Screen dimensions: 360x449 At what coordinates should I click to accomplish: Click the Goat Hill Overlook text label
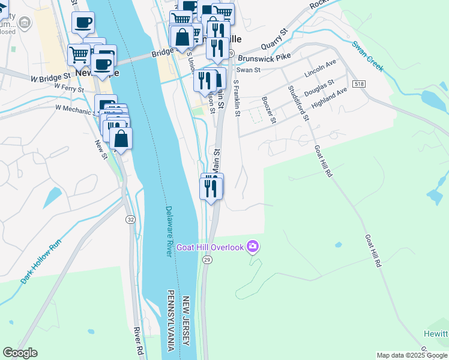tap(210, 247)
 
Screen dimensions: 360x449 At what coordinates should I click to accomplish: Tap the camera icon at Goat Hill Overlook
tap(253, 247)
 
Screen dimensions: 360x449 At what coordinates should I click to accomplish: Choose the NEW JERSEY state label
tap(187, 321)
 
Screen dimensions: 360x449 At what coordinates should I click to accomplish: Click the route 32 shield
tap(130, 220)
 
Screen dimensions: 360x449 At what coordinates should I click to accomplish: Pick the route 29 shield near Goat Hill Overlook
tap(207, 259)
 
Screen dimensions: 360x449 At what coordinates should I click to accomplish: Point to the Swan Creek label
tap(367, 56)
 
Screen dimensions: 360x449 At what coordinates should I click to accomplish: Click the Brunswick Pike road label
tap(264, 58)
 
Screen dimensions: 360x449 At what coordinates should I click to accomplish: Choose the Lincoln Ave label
tap(320, 69)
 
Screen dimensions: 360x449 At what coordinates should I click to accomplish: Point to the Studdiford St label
tap(297, 103)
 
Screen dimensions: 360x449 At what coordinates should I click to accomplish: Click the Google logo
tap(20, 353)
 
